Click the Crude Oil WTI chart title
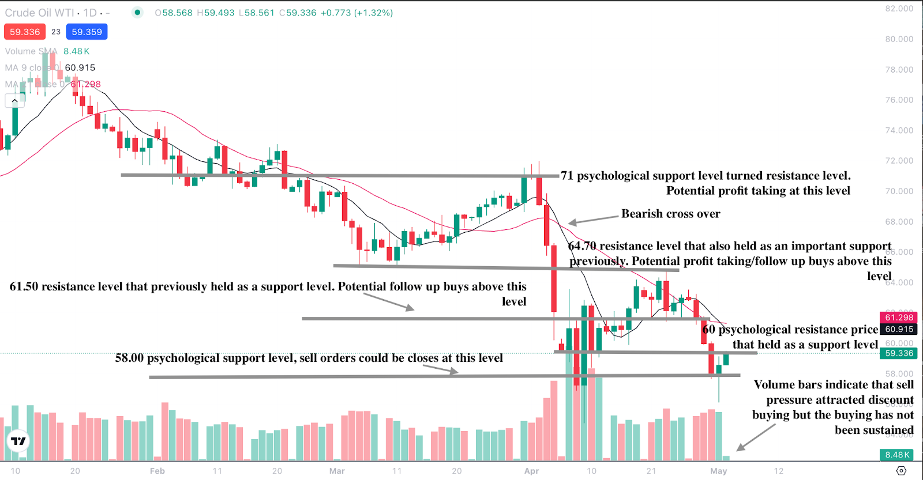[36, 13]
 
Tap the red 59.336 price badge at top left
[25, 32]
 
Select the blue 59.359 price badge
[87, 32]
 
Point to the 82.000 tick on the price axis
[899, 9]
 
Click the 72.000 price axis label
[899, 161]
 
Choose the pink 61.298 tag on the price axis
[899, 318]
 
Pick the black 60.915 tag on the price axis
[899, 330]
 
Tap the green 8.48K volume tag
[898, 455]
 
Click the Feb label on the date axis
[157, 471]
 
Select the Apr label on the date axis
[531, 471]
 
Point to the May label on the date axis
[718, 471]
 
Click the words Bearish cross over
[670, 214]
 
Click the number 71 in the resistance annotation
[567, 176]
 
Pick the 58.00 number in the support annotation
[129, 358]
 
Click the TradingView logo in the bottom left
[18, 441]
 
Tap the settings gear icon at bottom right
[901, 471]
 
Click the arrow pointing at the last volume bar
[755, 437]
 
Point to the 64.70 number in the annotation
[582, 246]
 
